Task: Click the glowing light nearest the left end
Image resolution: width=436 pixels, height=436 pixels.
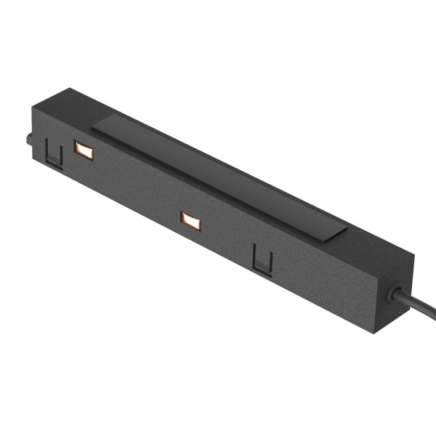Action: (x=84, y=151)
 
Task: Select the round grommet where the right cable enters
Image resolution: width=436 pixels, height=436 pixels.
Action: (x=396, y=293)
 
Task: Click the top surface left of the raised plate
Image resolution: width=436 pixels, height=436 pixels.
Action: (x=73, y=109)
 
